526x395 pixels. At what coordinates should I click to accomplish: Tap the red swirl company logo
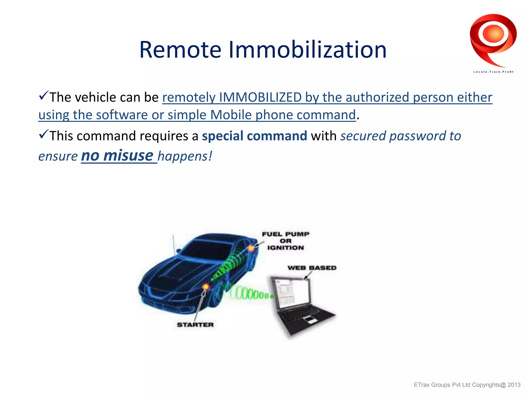coord(493,39)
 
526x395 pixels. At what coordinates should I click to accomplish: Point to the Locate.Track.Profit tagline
coord(493,72)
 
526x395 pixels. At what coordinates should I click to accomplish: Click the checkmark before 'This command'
coord(43,134)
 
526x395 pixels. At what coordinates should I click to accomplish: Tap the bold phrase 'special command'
coord(254,136)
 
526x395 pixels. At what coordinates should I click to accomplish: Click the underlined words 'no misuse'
coord(118,156)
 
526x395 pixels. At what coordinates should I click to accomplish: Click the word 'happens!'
coord(185,156)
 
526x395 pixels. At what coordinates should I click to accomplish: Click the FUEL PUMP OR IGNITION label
coord(286,241)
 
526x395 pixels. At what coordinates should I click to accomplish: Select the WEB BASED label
coord(312,268)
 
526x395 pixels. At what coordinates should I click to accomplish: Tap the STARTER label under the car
coord(195,325)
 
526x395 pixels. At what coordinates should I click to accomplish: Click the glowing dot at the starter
coord(206,286)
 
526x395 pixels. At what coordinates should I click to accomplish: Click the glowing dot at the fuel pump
coord(251,248)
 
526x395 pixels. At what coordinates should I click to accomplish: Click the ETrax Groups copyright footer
coord(467,385)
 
